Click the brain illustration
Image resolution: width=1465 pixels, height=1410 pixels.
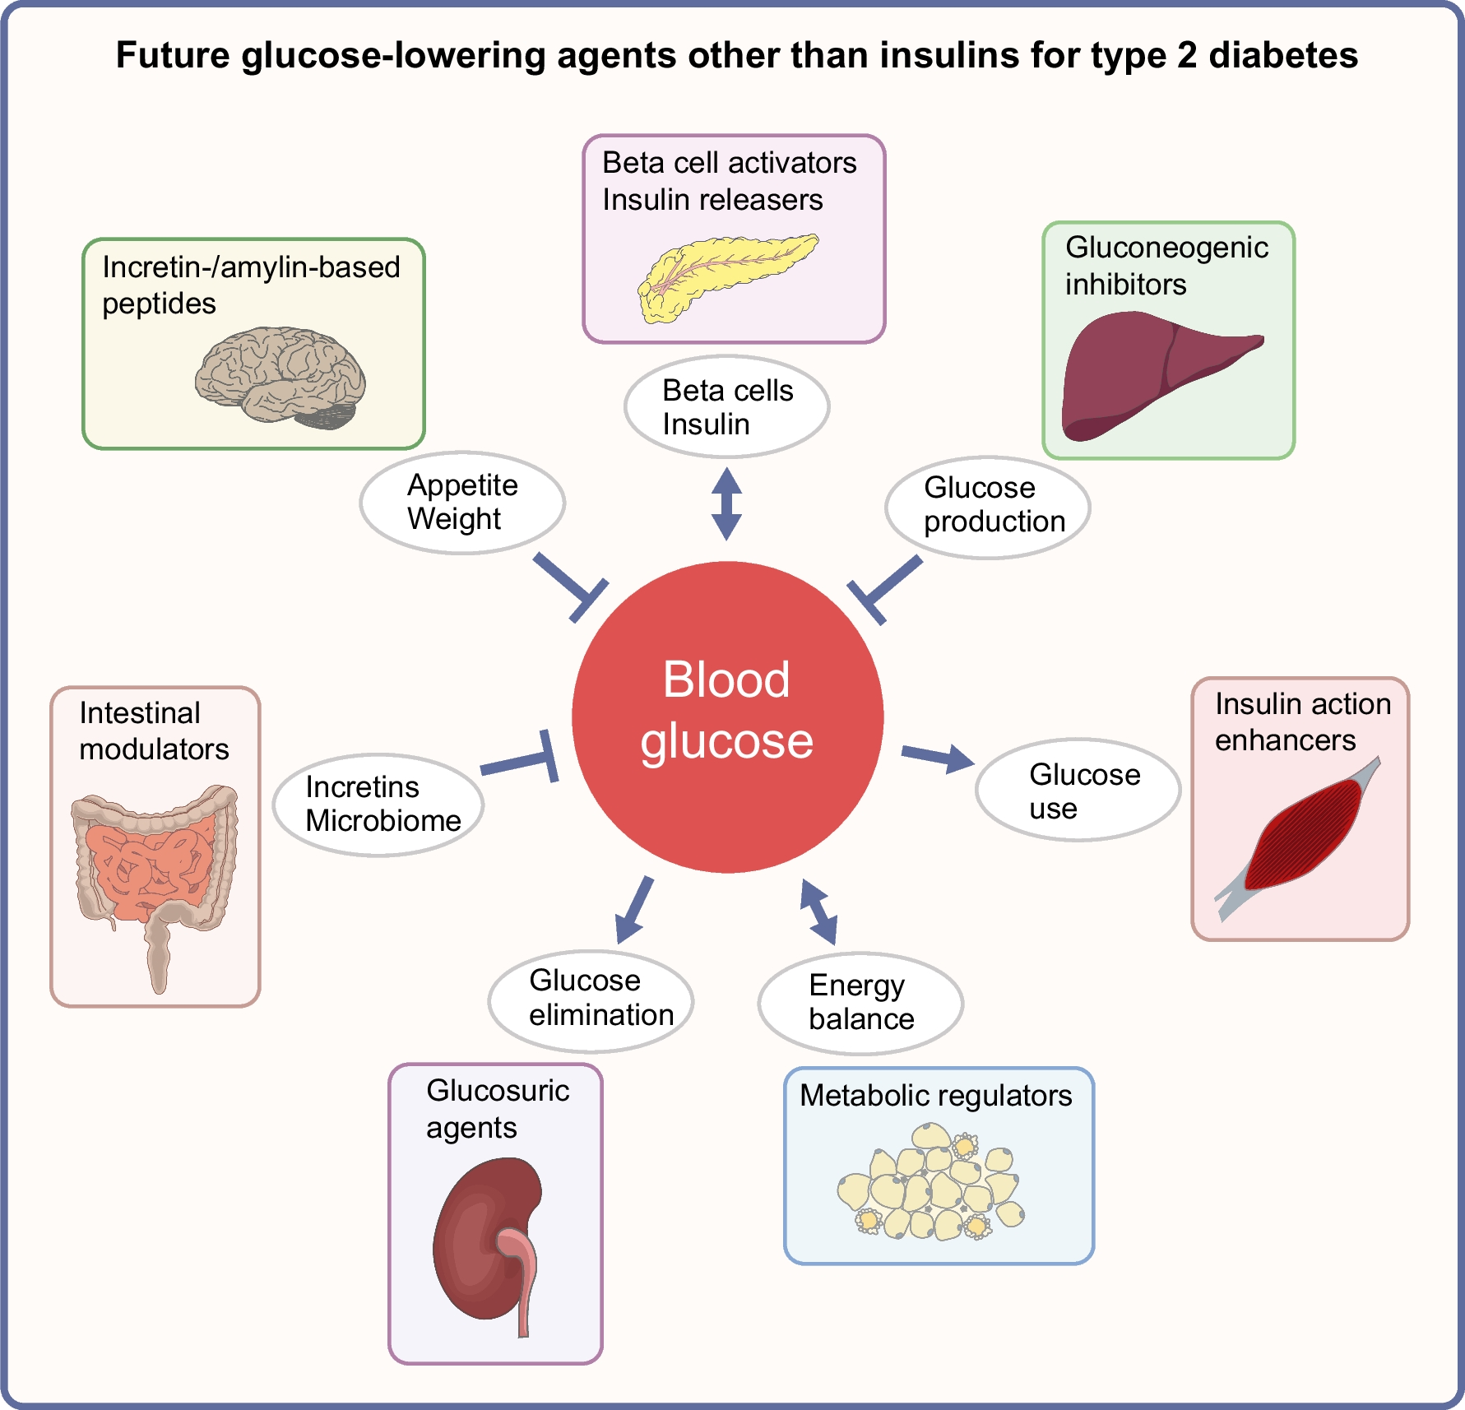coord(280,377)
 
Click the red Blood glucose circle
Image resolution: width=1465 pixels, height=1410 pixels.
coord(727,717)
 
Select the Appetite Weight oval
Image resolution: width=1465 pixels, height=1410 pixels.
coord(462,502)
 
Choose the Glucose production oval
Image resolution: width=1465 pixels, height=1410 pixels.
coord(987,507)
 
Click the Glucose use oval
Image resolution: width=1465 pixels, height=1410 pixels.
coord(1078,790)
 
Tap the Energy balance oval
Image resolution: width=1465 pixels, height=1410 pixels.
coord(860,1003)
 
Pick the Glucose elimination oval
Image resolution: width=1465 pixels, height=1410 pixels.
coord(591,1000)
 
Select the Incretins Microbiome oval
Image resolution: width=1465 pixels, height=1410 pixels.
coord(378,805)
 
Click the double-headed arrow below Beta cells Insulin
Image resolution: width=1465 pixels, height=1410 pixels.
coord(726,503)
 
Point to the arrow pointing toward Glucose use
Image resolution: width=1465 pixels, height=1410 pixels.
coord(938,757)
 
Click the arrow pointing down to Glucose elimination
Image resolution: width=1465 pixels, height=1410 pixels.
coord(634,909)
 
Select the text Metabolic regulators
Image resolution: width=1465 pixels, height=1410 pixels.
coord(936,1096)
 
